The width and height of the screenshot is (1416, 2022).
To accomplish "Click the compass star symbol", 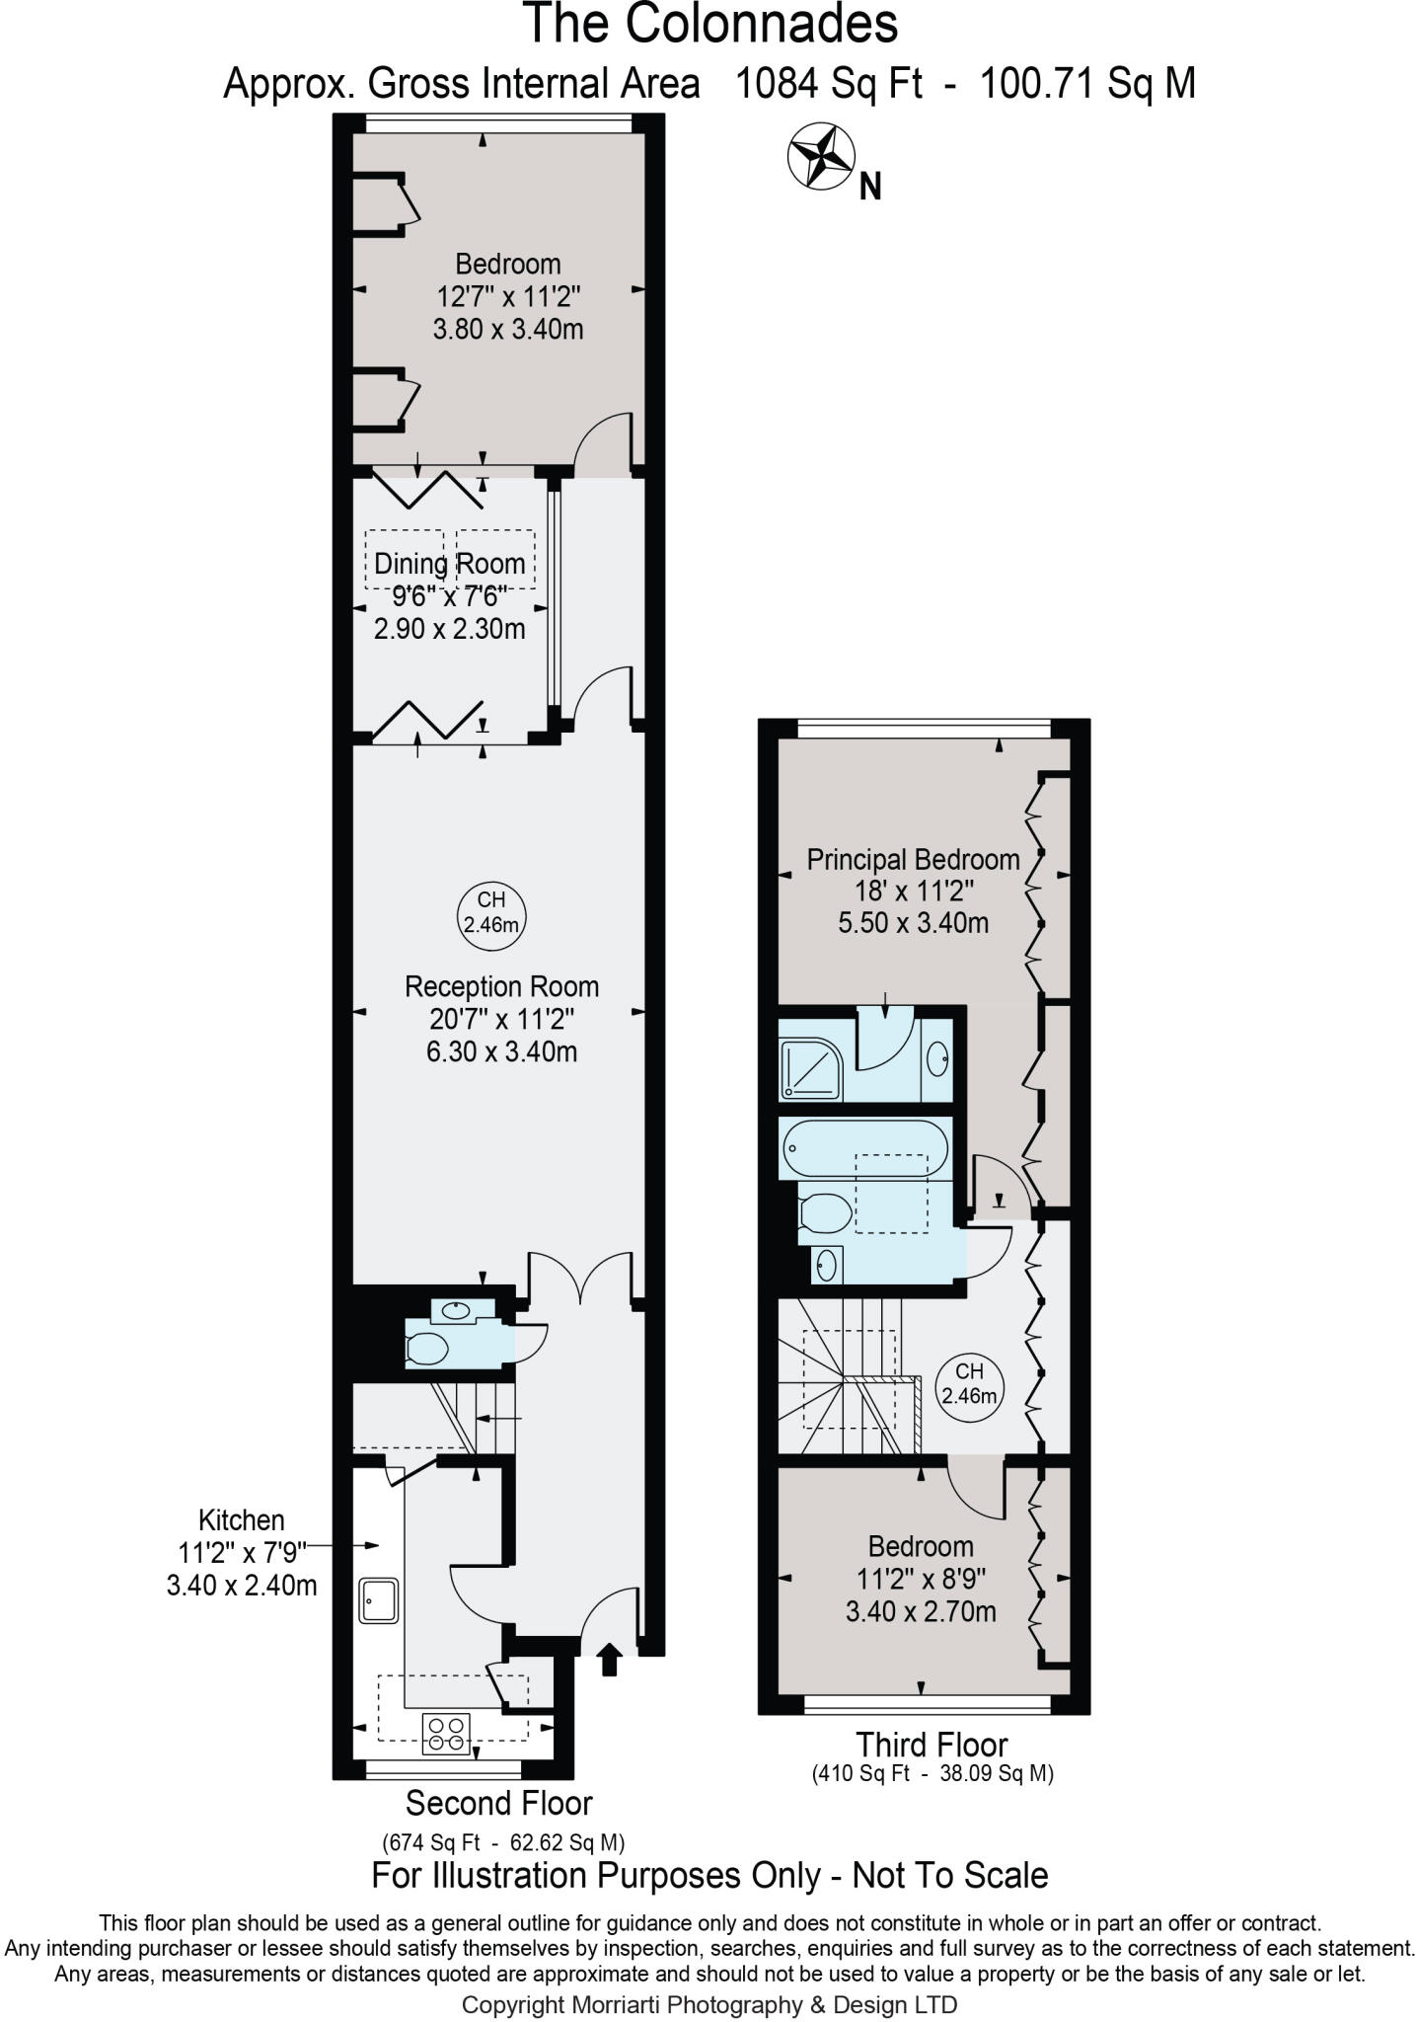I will tap(820, 156).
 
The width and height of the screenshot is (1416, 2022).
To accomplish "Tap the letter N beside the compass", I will tap(869, 187).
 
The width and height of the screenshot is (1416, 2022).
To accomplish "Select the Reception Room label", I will tap(501, 986).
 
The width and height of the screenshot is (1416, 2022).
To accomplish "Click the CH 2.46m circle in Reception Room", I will tap(491, 913).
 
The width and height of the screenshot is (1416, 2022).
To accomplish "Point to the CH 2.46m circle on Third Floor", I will tap(969, 1383).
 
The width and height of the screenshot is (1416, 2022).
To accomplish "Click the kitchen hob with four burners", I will tap(446, 1734).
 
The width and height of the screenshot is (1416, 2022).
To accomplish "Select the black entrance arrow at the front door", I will tap(609, 1660).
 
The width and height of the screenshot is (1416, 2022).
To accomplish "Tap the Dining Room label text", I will tap(449, 565).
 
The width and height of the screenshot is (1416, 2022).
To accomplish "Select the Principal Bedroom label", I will tap(913, 859).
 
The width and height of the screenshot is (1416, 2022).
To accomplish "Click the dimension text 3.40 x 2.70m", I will tap(920, 1612).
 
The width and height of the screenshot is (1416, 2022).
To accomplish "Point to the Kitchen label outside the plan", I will tap(241, 1519).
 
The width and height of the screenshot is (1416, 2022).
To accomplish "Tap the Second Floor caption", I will tap(498, 1803).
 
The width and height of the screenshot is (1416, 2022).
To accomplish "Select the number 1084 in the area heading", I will tap(777, 85).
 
